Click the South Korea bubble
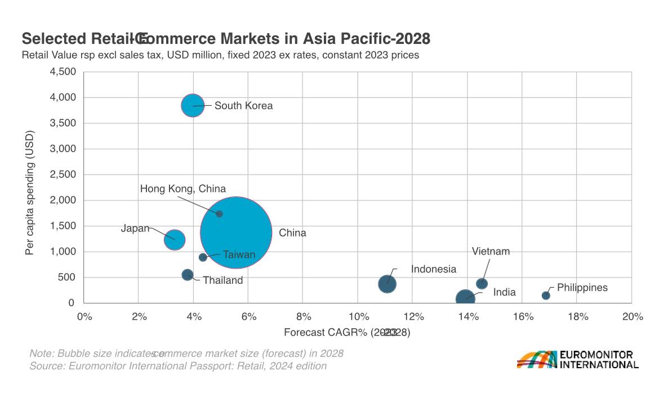(x=193, y=105)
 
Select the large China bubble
(x=237, y=233)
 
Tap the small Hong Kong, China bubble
(x=220, y=214)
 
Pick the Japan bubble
(x=175, y=239)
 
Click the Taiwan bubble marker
(x=203, y=257)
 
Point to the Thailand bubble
(x=188, y=275)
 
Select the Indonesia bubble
(x=387, y=284)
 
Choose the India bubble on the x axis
(x=465, y=298)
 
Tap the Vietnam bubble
(x=482, y=284)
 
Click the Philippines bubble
(x=546, y=296)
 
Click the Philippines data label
(x=582, y=288)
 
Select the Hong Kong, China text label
(x=182, y=189)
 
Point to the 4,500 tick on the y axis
(x=63, y=72)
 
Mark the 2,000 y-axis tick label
(x=63, y=200)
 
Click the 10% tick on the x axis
(x=358, y=317)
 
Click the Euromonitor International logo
(x=577, y=360)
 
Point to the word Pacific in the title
(x=363, y=39)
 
